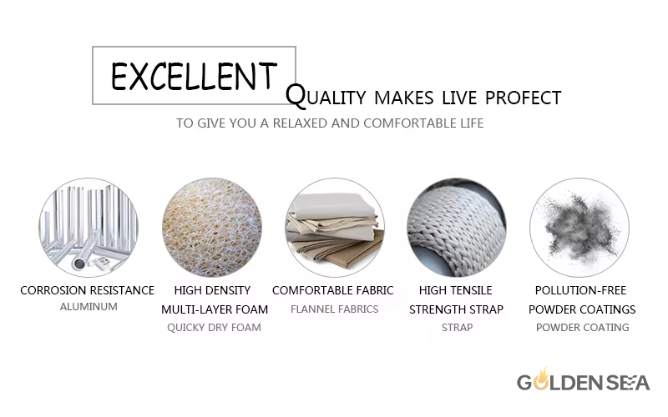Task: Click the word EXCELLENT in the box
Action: click(x=195, y=76)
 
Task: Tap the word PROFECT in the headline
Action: click(x=524, y=98)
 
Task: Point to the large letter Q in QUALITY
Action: click(x=296, y=95)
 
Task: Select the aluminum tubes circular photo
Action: click(x=89, y=228)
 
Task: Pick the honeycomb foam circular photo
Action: click(x=212, y=228)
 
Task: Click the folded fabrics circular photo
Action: click(x=335, y=228)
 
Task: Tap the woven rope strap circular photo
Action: click(x=457, y=228)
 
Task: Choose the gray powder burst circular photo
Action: click(x=579, y=228)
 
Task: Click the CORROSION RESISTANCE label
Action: click(x=88, y=290)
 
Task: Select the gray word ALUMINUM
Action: click(x=89, y=307)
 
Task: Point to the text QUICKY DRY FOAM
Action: click(x=214, y=328)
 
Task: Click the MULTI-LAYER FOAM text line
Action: click(x=215, y=309)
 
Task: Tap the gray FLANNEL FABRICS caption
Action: click(x=335, y=309)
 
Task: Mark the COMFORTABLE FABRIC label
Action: click(x=332, y=290)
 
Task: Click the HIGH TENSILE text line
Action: click(x=455, y=290)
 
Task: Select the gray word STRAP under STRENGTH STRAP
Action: click(x=457, y=328)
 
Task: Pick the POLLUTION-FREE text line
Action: click(x=580, y=290)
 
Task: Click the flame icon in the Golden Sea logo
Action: click(x=541, y=379)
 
